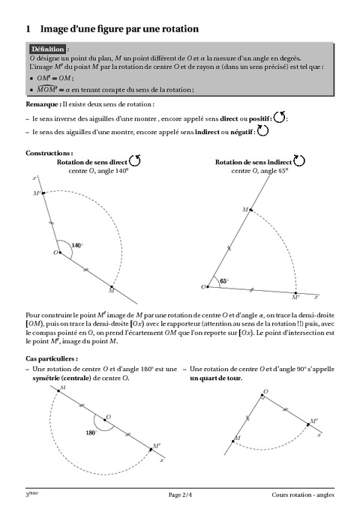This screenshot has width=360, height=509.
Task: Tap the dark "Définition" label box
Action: click(x=47, y=48)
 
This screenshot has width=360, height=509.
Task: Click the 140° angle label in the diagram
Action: click(x=77, y=245)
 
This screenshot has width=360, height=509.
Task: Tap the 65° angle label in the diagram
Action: click(x=223, y=281)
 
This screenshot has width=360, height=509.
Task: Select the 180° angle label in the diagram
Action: click(x=91, y=433)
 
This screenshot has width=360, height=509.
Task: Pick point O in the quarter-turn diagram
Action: click(x=264, y=392)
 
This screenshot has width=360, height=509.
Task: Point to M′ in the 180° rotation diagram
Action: click(x=155, y=446)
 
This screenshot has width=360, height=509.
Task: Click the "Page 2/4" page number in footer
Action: click(x=180, y=495)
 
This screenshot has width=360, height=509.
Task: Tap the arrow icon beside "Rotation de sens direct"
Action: click(x=135, y=160)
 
